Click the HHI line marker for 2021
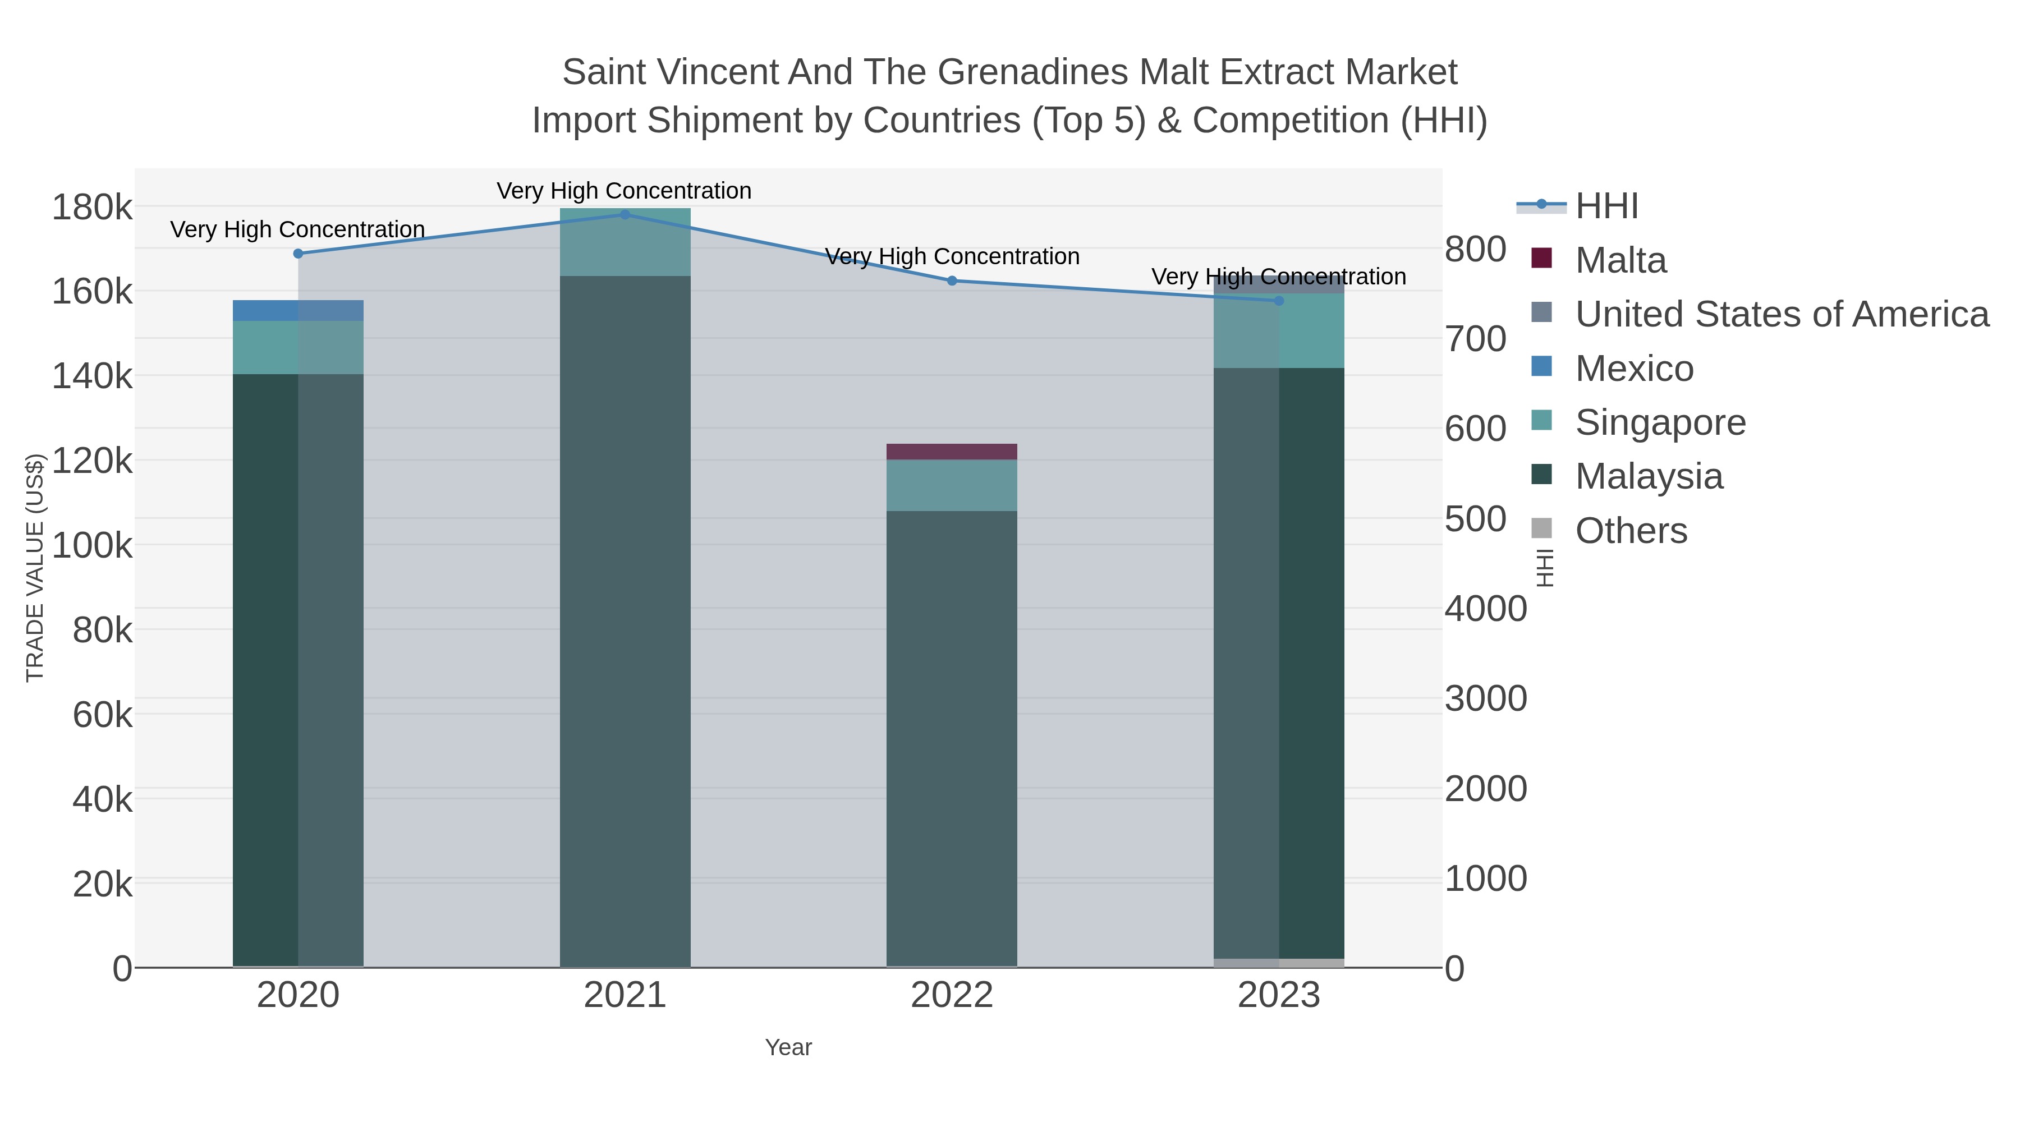click(625, 214)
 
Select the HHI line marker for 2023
click(1279, 300)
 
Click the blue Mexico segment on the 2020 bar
click(298, 310)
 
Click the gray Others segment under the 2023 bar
click(1279, 963)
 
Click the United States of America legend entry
click(1782, 314)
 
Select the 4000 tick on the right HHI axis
click(1485, 609)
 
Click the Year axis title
click(788, 1047)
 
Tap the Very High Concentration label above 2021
click(624, 191)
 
